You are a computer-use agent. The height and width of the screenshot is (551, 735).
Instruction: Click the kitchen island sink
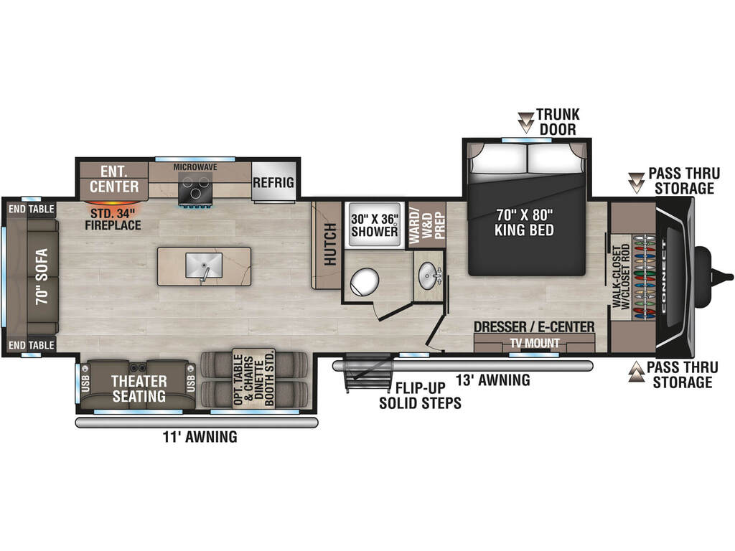[204, 265]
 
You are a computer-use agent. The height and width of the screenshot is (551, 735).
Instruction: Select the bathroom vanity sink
[428, 275]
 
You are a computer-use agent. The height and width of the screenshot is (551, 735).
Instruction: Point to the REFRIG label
[273, 182]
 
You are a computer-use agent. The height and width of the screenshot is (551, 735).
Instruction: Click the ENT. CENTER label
[114, 179]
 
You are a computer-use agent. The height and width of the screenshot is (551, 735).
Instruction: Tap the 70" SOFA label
[42, 276]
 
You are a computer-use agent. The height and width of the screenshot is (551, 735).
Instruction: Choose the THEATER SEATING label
[139, 389]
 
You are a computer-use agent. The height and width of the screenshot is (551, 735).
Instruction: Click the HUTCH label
[330, 244]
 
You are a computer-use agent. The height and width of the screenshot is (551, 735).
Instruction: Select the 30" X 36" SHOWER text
[375, 225]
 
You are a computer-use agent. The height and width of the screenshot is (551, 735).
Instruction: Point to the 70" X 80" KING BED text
[524, 222]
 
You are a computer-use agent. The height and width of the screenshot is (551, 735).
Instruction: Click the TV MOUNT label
[535, 344]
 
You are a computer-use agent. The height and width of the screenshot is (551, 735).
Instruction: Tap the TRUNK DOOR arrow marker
[526, 122]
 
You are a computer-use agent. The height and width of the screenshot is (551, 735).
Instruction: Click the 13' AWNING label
[493, 380]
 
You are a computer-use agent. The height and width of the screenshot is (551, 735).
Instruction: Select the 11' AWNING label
[200, 437]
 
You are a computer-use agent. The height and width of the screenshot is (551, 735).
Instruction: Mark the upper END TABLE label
[32, 209]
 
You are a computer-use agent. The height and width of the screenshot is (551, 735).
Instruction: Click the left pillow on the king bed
[500, 159]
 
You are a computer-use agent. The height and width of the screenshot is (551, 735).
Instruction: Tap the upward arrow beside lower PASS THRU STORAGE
[636, 371]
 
